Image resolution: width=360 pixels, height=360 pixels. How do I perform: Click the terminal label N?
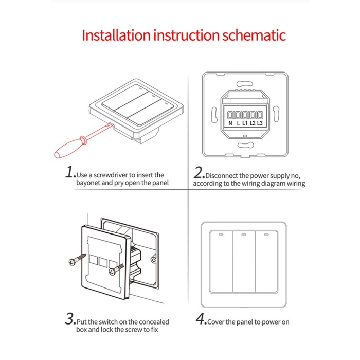pos(230,123)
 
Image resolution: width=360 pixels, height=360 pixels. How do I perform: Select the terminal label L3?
pos(260,123)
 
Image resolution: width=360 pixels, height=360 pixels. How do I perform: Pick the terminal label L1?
pos(245,123)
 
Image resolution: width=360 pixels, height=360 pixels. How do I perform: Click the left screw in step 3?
pos(75,261)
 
